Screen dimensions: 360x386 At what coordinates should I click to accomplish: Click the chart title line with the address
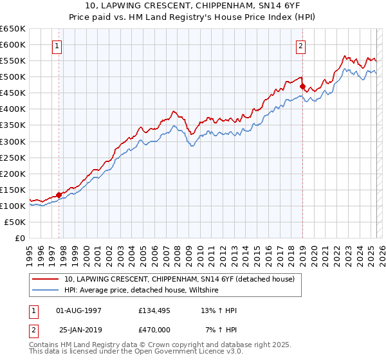(192, 6)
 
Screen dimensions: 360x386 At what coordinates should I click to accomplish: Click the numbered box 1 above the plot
(58, 46)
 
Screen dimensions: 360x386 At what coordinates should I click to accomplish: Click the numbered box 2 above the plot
(300, 46)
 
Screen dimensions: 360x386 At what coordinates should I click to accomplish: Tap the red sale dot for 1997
(59, 194)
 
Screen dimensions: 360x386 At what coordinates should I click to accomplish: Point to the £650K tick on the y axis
(13, 29)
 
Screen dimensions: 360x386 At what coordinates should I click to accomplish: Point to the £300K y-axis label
(13, 141)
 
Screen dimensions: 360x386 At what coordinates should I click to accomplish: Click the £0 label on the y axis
(19, 238)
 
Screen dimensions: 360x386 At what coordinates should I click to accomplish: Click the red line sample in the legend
(46, 279)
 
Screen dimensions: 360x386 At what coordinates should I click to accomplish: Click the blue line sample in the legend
(46, 291)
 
